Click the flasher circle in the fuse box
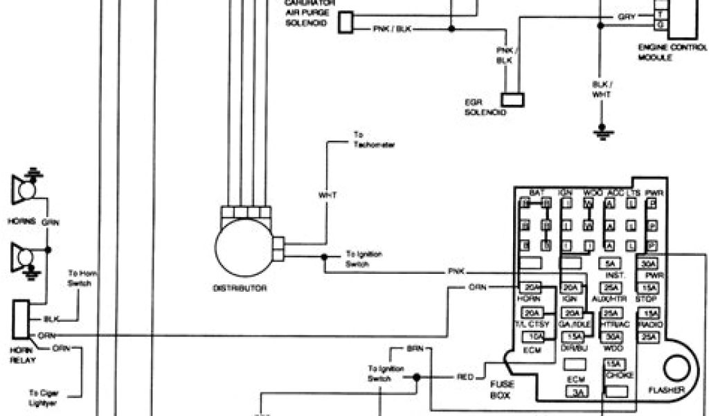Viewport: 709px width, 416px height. (679, 368)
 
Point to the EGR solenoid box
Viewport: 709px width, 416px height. (513, 99)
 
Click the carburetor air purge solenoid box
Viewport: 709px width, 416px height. (345, 23)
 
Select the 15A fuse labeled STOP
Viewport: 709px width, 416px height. (649, 288)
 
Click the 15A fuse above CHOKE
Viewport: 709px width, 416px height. (613, 365)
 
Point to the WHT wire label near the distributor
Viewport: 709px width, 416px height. (327, 196)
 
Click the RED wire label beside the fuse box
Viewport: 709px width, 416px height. (466, 377)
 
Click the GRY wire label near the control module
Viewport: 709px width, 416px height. (626, 15)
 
